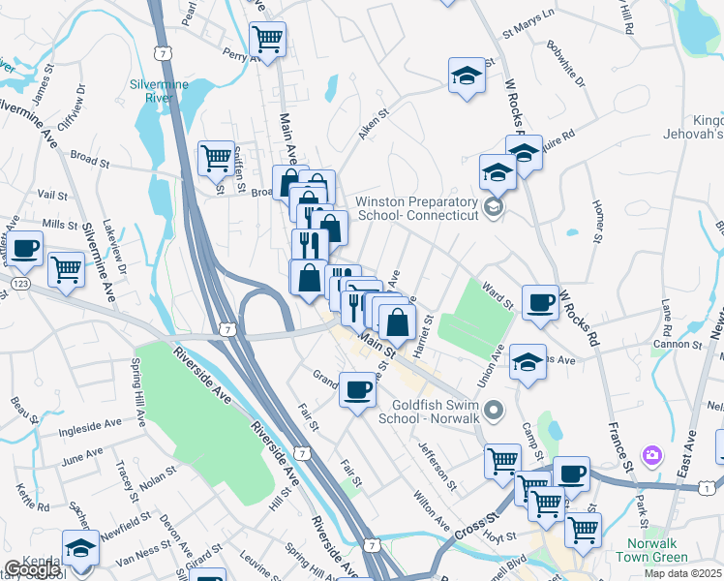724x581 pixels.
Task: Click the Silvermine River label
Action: (159, 90)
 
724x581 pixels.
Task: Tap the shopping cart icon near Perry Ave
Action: (267, 41)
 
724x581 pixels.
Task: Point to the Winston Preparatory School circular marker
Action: (494, 207)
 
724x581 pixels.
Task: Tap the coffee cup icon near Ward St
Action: (540, 302)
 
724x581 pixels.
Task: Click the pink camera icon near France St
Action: (652, 454)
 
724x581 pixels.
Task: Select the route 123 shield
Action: (20, 283)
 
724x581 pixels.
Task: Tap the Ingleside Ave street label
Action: (89, 423)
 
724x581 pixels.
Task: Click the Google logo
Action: (32, 569)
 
